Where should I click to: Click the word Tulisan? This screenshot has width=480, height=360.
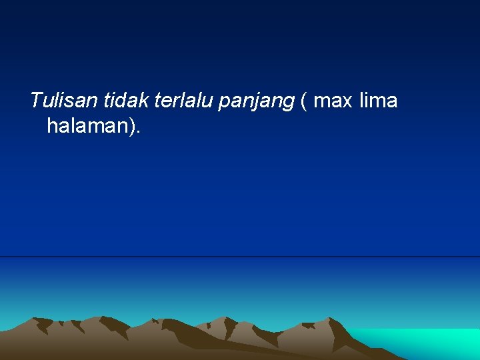(64, 101)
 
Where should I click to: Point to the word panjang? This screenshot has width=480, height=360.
(256, 102)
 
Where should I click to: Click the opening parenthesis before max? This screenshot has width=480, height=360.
(304, 102)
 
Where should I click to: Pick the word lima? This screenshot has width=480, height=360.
(378, 101)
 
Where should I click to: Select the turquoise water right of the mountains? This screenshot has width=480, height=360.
(427, 341)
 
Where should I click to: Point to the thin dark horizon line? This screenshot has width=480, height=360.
(240, 257)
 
